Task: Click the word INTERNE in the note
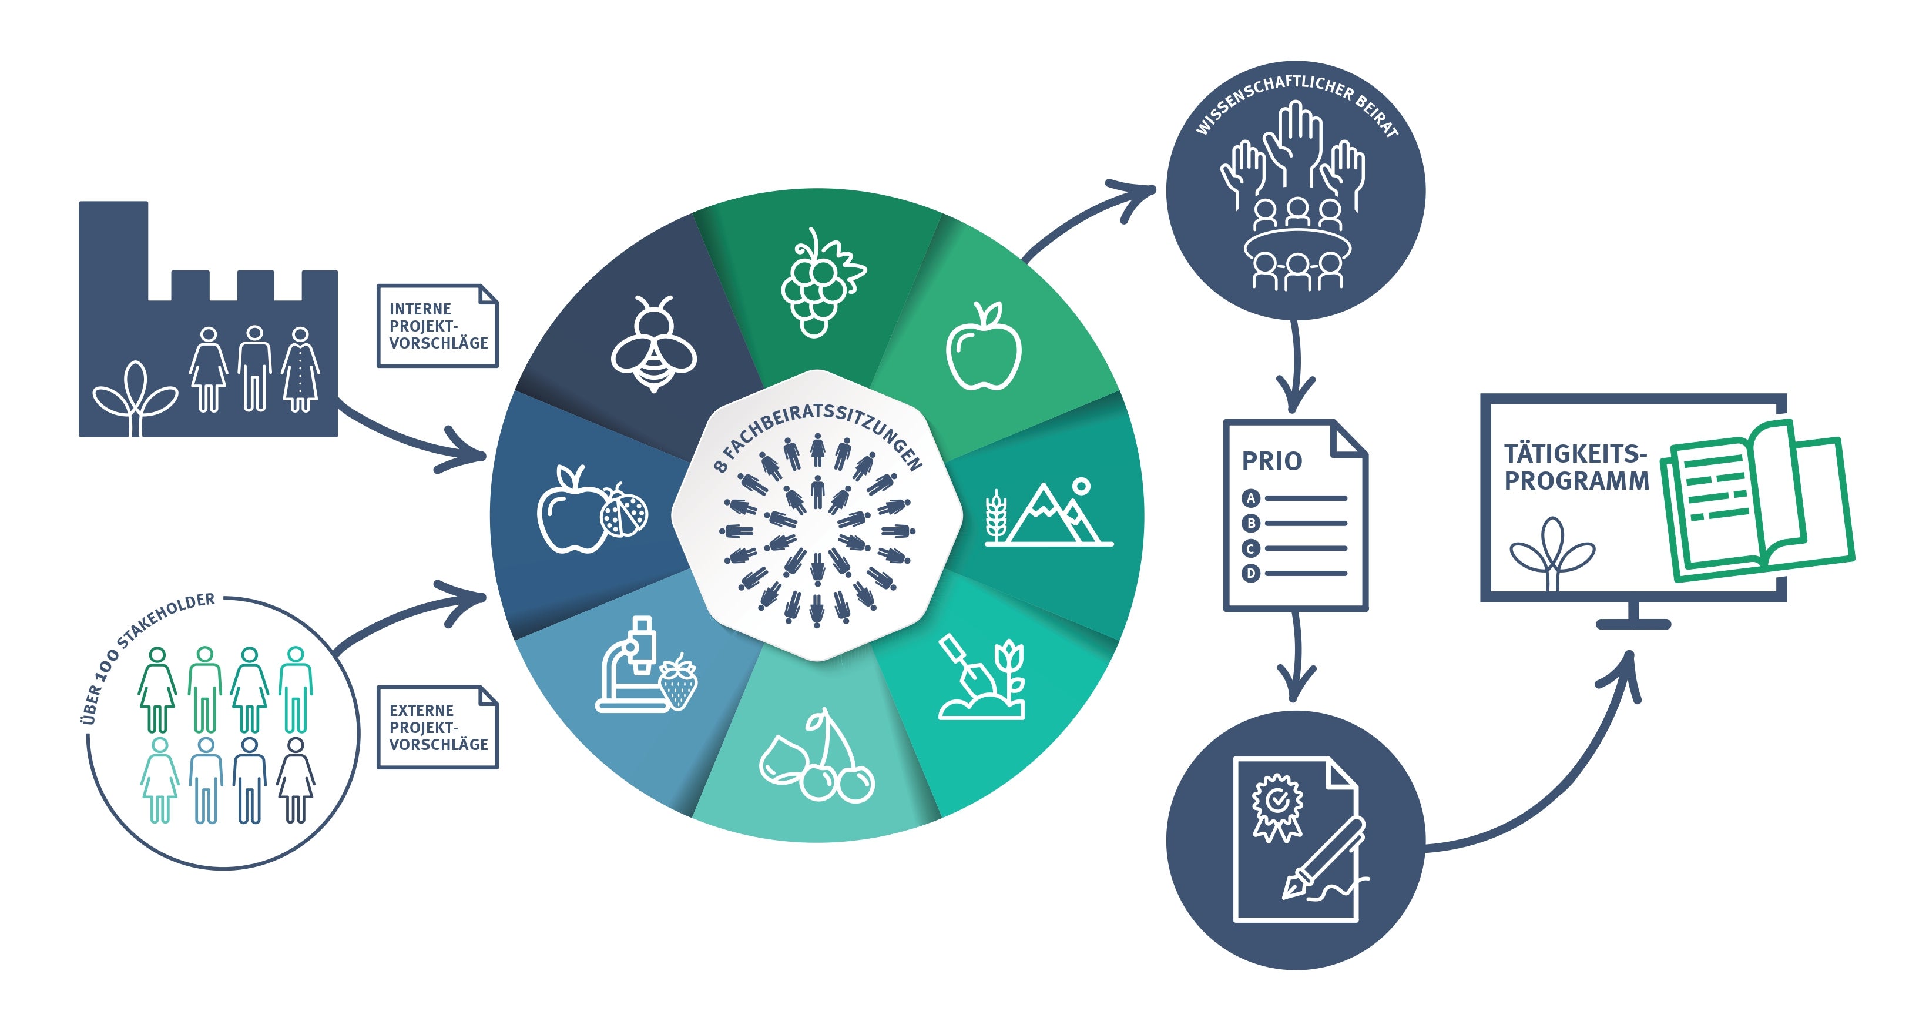coord(420,309)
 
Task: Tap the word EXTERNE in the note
coord(421,710)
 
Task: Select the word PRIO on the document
coord(1271,461)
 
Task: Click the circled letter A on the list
coord(1251,498)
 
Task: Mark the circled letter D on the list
coord(1251,573)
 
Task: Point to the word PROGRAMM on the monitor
coord(1576,481)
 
